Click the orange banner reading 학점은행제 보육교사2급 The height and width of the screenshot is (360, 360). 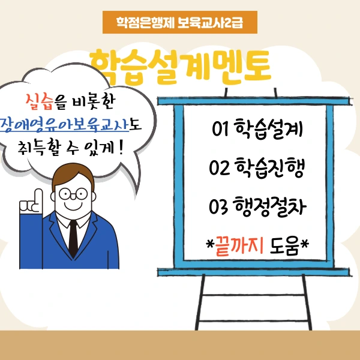tap(180, 22)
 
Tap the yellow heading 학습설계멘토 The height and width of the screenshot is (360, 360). tap(180, 67)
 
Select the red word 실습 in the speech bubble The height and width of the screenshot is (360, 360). tap(40, 102)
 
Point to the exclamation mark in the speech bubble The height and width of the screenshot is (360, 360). tap(121, 148)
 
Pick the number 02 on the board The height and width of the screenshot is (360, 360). tap(219, 168)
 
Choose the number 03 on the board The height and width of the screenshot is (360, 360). tap(218, 206)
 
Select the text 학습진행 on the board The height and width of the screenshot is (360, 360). tap(270, 167)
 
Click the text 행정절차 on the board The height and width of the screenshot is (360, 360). tap(270, 206)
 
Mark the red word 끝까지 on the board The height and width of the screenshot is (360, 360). tap(239, 246)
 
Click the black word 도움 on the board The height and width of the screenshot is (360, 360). tap(284, 246)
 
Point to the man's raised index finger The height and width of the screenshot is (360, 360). tap(38, 198)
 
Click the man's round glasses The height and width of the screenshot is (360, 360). tap(73, 194)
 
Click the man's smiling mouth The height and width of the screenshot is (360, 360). tap(73, 205)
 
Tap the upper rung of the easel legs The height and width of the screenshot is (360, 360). tap(253, 295)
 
